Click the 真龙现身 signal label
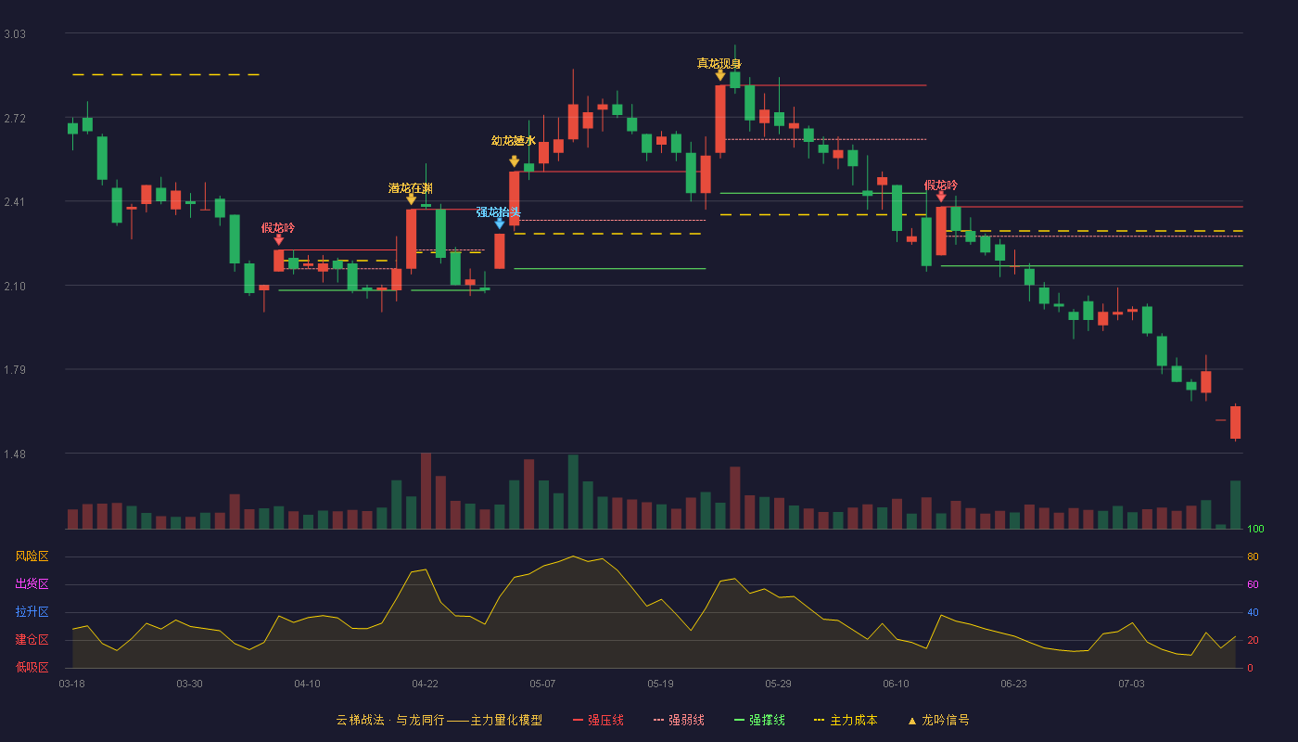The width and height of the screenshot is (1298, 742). coord(719,63)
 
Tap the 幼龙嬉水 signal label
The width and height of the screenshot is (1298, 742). coord(514,141)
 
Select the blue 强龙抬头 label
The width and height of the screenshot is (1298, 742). coord(499,212)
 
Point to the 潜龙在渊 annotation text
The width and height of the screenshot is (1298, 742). coord(410,188)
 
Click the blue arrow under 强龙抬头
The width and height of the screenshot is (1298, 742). coord(500,224)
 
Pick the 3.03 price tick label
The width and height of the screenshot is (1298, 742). coord(15,34)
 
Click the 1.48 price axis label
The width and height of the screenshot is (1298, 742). coord(15,454)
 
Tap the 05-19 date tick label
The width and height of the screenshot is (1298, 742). coord(660,684)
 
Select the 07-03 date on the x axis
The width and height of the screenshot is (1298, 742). coord(1132,684)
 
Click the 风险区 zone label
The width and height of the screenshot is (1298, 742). coord(32,556)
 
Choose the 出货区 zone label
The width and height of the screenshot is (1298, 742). coord(32,583)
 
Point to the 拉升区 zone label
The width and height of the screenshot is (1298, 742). coord(32,611)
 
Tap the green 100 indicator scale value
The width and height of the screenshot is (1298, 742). coord(1255,529)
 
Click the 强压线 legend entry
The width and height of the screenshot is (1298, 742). coord(598,720)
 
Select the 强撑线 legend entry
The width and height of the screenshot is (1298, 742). coord(759,720)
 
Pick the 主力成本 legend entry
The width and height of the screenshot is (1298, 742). coord(846,720)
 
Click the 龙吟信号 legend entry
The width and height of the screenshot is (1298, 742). coord(938,720)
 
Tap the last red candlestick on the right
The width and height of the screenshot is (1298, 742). coord(1235,423)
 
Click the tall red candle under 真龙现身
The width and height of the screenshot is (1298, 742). coord(720,120)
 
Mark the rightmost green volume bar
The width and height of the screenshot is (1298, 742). coord(1235,505)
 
